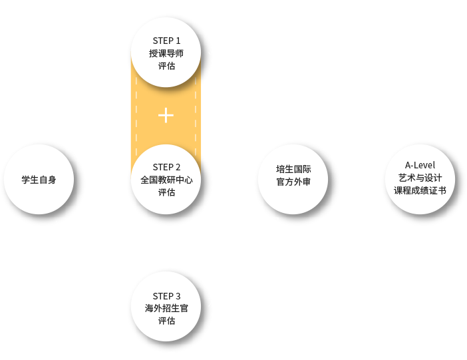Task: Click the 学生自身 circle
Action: pyautogui.click(x=39, y=180)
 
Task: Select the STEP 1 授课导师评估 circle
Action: pyautogui.click(x=166, y=53)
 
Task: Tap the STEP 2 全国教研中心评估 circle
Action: pyautogui.click(x=166, y=180)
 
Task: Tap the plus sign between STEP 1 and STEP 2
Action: pyautogui.click(x=166, y=116)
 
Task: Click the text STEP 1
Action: pyautogui.click(x=166, y=41)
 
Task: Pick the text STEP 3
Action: pyautogui.click(x=166, y=296)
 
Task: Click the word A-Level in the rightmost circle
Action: pyautogui.click(x=419, y=165)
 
